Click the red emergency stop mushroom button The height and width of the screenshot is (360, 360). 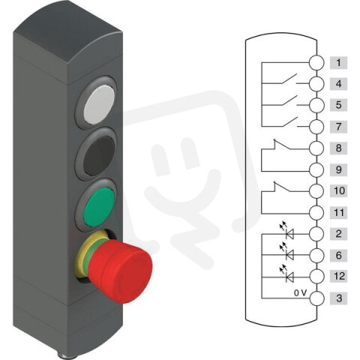[x=123, y=262]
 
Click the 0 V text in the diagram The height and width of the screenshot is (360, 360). [x=299, y=292]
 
